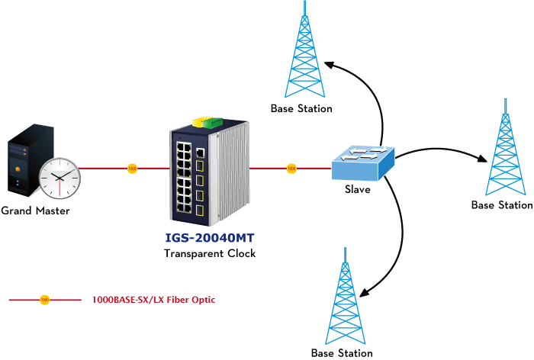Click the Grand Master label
tap(35, 211)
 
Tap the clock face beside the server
tap(60, 178)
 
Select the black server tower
tap(31, 160)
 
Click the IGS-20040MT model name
tap(210, 238)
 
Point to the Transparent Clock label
tap(210, 253)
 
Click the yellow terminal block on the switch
tap(200, 121)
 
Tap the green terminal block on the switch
tap(213, 121)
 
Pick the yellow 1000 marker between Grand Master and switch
tap(132, 169)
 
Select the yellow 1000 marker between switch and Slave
tap(291, 169)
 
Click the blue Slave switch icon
tap(363, 163)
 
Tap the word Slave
tap(358, 189)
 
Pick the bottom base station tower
tap(346, 296)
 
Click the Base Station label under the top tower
tap(301, 108)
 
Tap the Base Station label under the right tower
tap(502, 205)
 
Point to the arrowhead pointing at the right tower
tap(483, 159)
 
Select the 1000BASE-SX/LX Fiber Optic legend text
tap(153, 300)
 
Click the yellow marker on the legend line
tap(44, 300)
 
